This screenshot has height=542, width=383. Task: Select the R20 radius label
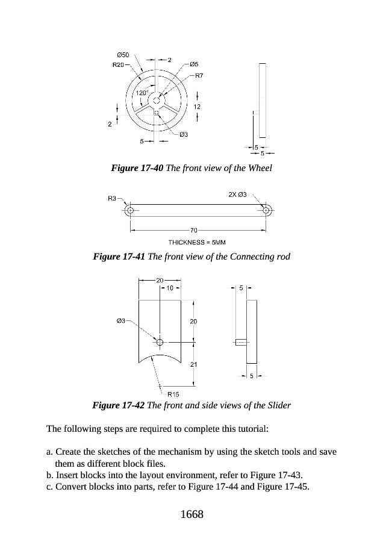coord(119,64)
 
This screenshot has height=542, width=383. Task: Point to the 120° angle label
coord(141,93)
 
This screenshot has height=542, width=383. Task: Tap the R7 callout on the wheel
coord(199,76)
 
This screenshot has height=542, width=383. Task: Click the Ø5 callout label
coord(194,63)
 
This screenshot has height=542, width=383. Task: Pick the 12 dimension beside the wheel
coord(198,106)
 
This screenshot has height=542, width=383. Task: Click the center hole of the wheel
coord(156,101)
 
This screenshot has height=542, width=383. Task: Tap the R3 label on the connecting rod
coord(113,198)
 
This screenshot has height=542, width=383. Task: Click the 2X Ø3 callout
coord(238,194)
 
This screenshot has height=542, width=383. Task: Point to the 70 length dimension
coord(193,230)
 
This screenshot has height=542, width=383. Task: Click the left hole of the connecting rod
coord(129,211)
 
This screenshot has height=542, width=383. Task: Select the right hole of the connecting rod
coord(266,211)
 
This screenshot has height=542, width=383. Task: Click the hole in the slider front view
coord(160,342)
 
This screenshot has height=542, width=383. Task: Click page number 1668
coord(191,514)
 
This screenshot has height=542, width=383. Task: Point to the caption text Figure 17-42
coord(118,405)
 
